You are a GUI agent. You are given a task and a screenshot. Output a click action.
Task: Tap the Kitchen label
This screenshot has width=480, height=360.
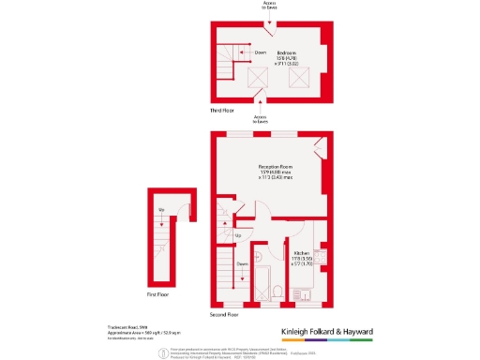coord(302,254)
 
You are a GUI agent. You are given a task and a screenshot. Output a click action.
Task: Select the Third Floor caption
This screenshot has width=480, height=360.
coord(223,111)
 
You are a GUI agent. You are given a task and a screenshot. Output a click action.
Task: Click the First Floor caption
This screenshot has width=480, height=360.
coord(158,295)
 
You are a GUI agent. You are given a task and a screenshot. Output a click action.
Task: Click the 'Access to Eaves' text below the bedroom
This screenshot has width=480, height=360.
coord(261,119)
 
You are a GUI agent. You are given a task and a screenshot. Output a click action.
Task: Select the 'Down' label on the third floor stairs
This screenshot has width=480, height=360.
coord(261,52)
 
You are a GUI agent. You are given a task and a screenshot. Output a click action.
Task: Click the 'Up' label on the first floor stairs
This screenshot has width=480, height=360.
coord(161,209)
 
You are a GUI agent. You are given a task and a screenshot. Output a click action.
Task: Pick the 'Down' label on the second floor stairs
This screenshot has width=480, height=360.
coord(242,264)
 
